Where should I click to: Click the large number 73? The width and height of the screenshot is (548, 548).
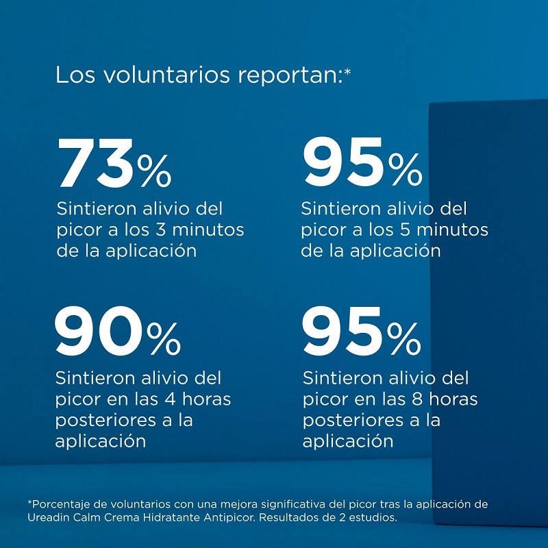click(x=95, y=165)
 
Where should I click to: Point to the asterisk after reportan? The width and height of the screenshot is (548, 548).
click(x=347, y=69)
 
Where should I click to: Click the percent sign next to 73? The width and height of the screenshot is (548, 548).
click(x=154, y=172)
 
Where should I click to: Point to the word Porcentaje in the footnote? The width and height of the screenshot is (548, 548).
click(x=60, y=504)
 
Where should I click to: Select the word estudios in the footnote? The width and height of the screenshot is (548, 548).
click(x=373, y=517)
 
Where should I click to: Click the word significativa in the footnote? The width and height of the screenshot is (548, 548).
click(x=264, y=504)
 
